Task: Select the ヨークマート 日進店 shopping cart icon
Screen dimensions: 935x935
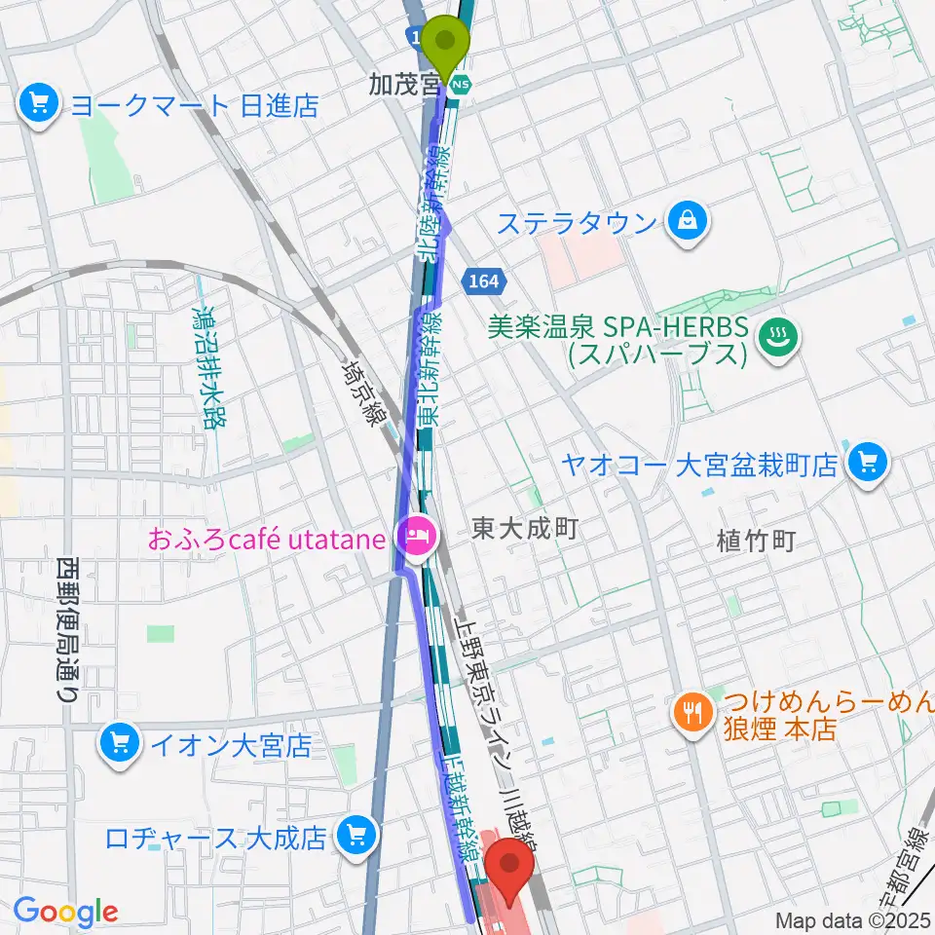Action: [x=40, y=103]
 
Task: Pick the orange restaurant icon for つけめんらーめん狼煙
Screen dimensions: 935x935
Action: [x=692, y=714]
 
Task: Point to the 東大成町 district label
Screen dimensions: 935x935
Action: [x=525, y=530]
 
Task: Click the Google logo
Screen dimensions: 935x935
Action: [x=65, y=911]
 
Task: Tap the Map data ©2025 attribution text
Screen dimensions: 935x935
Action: [x=853, y=920]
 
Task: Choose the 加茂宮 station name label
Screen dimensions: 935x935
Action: [x=403, y=86]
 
